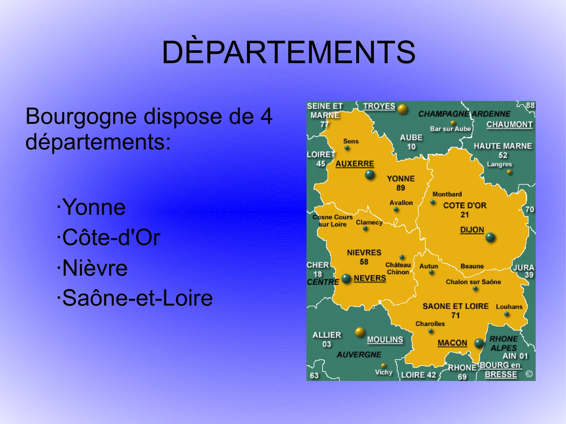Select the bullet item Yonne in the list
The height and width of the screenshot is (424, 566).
[94, 207]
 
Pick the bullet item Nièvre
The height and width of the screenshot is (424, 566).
[95, 268]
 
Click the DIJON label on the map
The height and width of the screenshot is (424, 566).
[472, 230]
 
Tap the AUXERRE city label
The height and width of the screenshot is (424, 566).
[355, 164]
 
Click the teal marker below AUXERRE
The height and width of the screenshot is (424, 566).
[370, 175]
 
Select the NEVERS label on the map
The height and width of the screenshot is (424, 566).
[370, 278]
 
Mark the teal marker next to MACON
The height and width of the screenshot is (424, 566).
[479, 343]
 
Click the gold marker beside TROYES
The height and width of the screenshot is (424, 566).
[402, 109]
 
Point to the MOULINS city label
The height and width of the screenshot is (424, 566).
[385, 340]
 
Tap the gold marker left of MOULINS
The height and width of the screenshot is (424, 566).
[360, 332]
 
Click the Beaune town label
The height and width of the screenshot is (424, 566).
[472, 266]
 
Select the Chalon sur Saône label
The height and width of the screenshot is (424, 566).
[473, 282]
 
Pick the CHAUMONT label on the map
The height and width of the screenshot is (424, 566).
[509, 125]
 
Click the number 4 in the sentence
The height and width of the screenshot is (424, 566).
[266, 117]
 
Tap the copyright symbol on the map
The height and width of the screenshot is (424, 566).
[529, 374]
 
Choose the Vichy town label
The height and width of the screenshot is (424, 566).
[384, 372]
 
